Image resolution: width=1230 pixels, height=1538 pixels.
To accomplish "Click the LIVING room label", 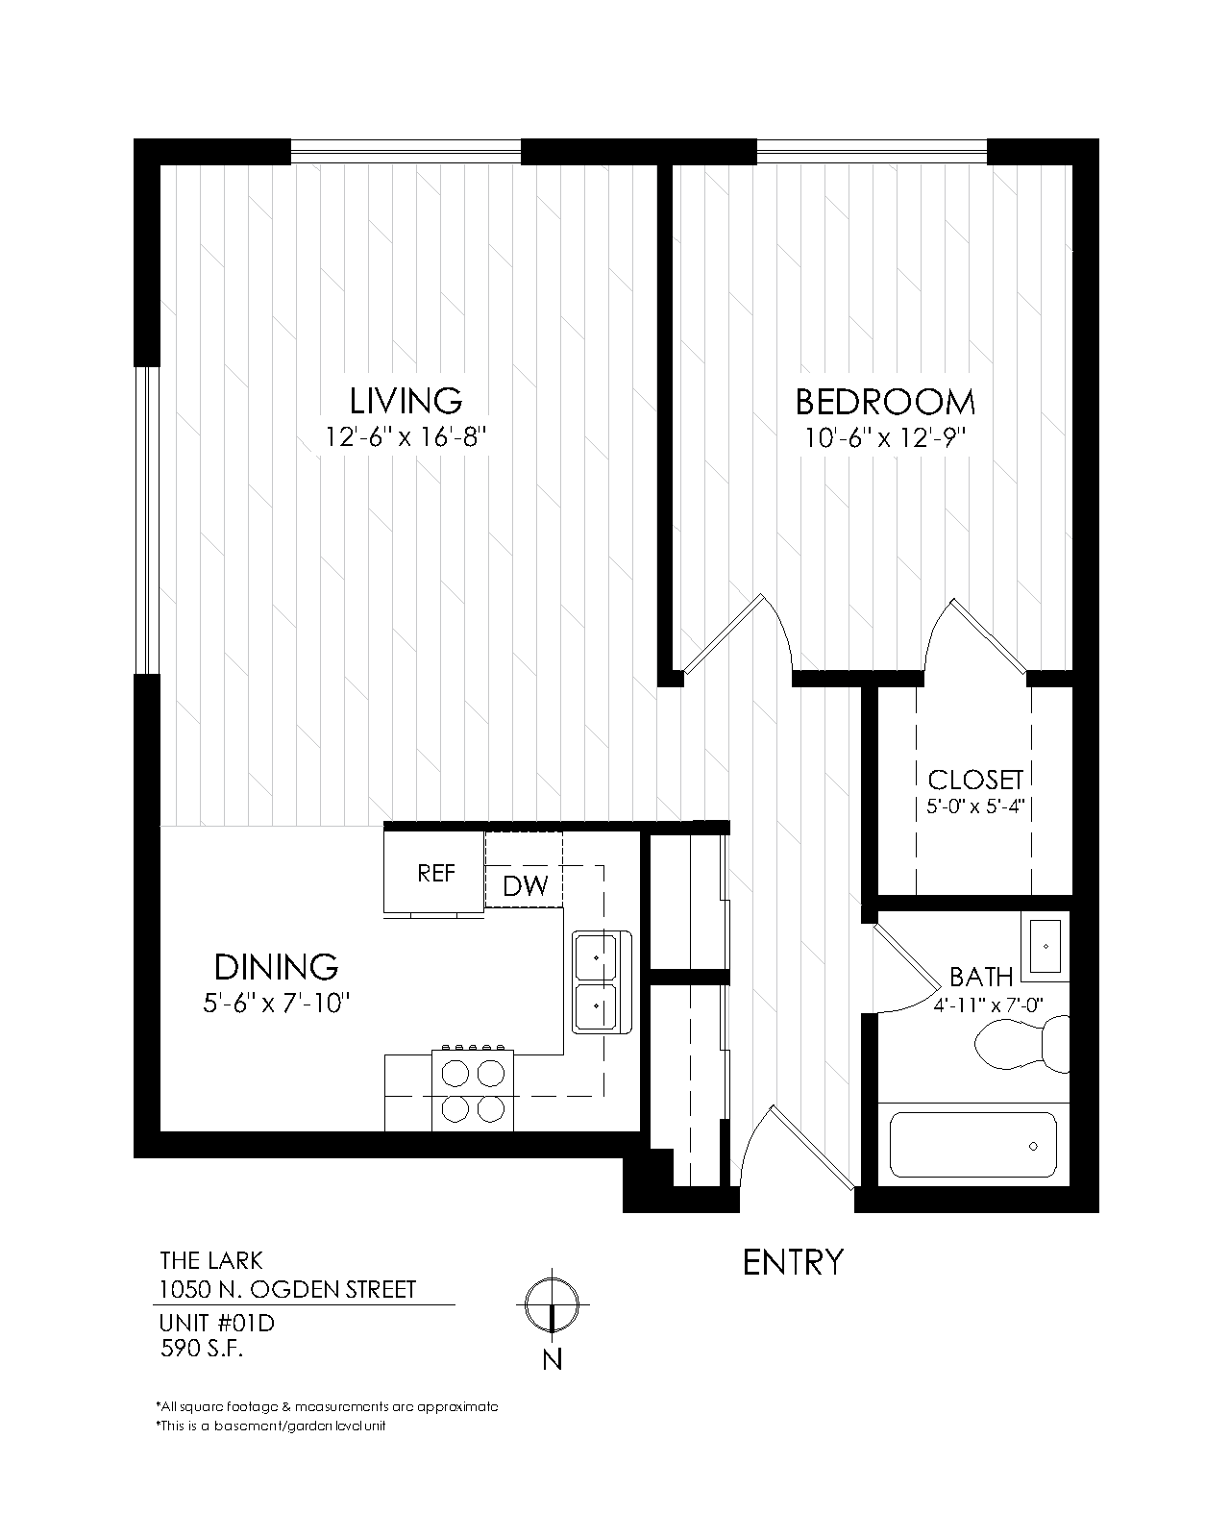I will point(406,400).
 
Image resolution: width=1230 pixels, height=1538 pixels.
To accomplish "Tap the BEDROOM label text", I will point(884,401).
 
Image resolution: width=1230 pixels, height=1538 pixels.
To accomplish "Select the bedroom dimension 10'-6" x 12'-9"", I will point(884,438).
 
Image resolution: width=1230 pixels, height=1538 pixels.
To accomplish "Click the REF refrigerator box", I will point(434,873).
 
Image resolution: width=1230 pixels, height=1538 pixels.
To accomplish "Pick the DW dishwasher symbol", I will point(525,885).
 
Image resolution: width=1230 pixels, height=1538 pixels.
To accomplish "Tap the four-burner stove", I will point(473,1089).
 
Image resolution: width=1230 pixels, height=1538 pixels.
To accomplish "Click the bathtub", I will point(972,1145).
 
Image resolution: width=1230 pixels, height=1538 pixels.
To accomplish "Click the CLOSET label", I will point(974,780).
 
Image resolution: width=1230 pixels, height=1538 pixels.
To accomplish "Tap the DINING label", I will point(276,966).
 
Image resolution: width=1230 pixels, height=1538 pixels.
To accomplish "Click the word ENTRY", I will point(793,1262).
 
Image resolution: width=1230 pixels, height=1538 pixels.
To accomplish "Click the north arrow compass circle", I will point(553,1303).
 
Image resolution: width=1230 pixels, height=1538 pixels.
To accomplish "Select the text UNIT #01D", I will point(217,1324).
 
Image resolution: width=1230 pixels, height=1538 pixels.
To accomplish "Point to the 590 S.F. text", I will point(202,1349).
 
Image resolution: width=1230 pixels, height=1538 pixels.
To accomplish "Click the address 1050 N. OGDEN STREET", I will point(287,1288).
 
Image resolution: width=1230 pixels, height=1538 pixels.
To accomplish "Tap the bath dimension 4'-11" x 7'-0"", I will point(988,1005).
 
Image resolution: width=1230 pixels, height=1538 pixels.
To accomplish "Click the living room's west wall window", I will point(145,519).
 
